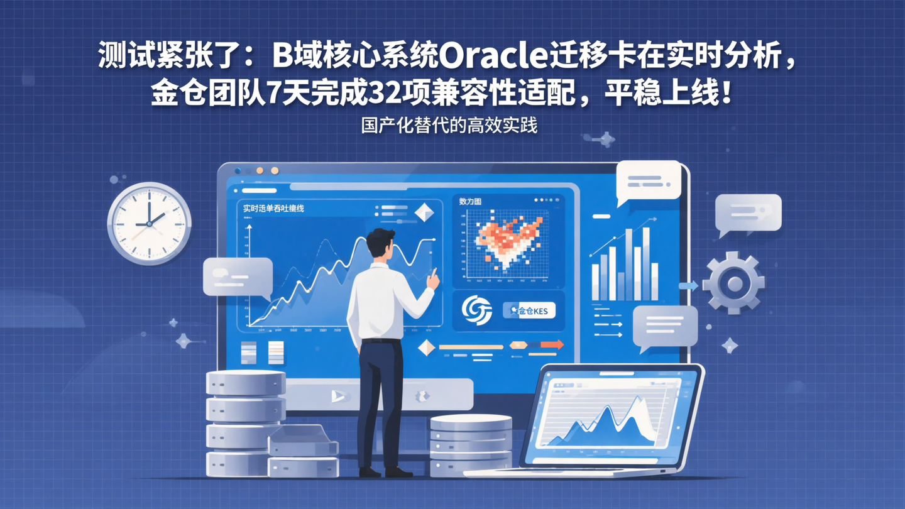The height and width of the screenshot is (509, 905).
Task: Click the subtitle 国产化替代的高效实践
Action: coord(449,125)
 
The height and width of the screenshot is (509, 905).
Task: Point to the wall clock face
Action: coord(150,223)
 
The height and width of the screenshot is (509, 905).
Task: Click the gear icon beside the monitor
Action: coord(733,283)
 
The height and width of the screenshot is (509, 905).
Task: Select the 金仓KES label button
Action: coord(529,310)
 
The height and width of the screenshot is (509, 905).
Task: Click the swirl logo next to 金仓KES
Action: coord(477,310)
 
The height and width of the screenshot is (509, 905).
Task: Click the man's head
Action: coord(381,244)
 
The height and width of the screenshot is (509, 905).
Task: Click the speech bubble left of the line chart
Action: coord(238,276)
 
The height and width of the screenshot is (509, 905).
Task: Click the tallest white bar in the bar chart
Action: coord(629,264)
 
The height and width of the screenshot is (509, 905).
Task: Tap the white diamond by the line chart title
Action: coord(424,212)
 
